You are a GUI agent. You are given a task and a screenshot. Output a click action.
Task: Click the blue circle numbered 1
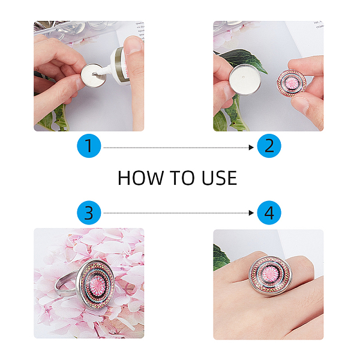pyautogui.click(x=89, y=146)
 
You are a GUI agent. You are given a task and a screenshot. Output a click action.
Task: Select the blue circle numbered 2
pyautogui.click(x=269, y=146)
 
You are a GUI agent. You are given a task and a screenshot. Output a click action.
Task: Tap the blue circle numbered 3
pyautogui.click(x=89, y=212)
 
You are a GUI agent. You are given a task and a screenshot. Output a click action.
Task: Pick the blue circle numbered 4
pyautogui.click(x=269, y=212)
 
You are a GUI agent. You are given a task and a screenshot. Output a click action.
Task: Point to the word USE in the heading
pyautogui.click(x=219, y=178)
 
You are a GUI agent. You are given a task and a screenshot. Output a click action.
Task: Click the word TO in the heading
pyautogui.click(x=182, y=178)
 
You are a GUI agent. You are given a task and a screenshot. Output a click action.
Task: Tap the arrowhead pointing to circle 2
pyautogui.click(x=251, y=148)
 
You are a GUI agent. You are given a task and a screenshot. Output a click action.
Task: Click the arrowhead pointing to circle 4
pyautogui.click(x=251, y=213)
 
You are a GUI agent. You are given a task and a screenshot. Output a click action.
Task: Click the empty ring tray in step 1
pyautogui.click(x=94, y=75)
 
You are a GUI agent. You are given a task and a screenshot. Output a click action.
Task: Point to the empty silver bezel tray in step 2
pyautogui.click(x=244, y=79)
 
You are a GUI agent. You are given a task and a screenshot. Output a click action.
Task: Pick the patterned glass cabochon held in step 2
pyautogui.click(x=292, y=83)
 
